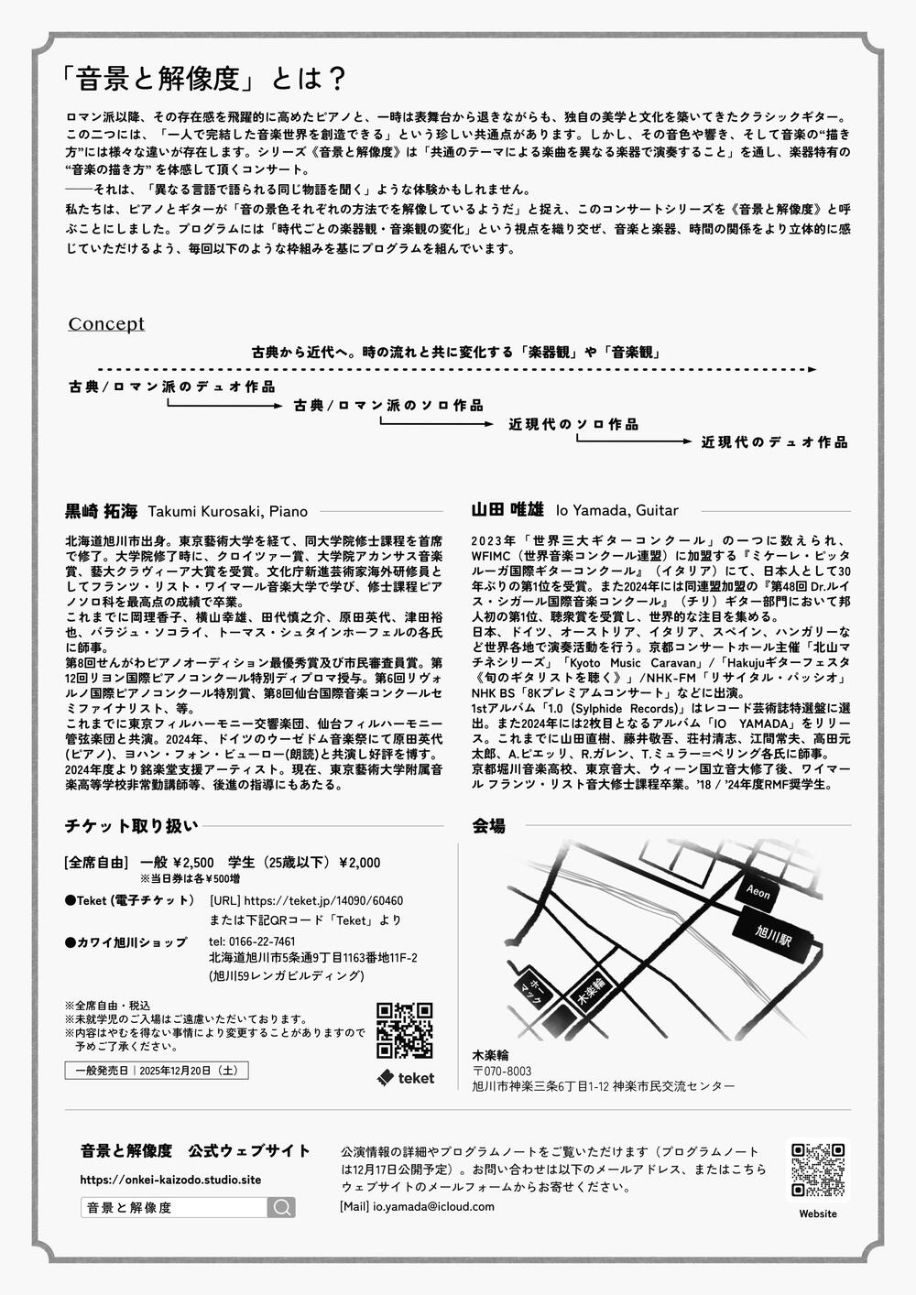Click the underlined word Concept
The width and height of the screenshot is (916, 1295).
point(106,324)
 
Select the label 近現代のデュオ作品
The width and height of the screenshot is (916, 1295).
point(774,442)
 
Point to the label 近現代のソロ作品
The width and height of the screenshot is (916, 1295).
point(573,424)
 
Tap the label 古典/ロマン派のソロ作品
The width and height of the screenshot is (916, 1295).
point(388,405)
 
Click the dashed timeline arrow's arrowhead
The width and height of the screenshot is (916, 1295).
point(812,369)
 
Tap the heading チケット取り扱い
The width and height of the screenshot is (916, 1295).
point(131,825)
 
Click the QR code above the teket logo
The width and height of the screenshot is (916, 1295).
point(404,1030)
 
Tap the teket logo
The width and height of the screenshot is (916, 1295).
point(405,1078)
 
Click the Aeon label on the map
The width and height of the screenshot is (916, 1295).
point(758,890)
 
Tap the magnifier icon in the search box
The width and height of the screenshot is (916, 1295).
point(281,1207)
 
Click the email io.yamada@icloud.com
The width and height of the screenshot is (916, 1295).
point(432,1206)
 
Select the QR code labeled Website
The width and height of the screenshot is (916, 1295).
point(817,1170)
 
